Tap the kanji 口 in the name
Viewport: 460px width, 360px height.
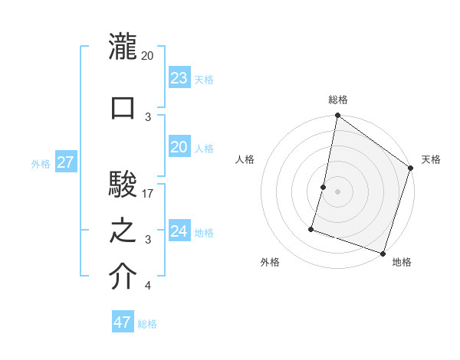[123, 107]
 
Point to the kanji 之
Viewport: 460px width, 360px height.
[123, 231]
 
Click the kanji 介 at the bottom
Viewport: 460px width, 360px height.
[123, 277]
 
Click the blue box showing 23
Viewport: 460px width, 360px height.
[179, 78]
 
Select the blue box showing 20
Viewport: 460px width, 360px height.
[179, 147]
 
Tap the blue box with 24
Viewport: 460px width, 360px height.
[179, 231]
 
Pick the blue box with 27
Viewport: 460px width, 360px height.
[66, 162]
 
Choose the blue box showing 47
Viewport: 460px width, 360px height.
[122, 322]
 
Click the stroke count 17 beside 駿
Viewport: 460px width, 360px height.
[148, 194]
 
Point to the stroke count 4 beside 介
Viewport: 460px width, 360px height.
[147, 286]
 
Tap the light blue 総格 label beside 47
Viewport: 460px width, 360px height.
[147, 324]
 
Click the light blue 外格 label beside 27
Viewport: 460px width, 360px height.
[41, 164]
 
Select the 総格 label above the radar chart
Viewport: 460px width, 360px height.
[337, 100]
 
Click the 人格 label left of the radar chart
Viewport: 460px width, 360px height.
[245, 159]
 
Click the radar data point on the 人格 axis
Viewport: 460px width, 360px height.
[324, 187]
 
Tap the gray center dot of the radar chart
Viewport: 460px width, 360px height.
[337, 191]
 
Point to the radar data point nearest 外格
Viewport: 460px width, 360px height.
[312, 228]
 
